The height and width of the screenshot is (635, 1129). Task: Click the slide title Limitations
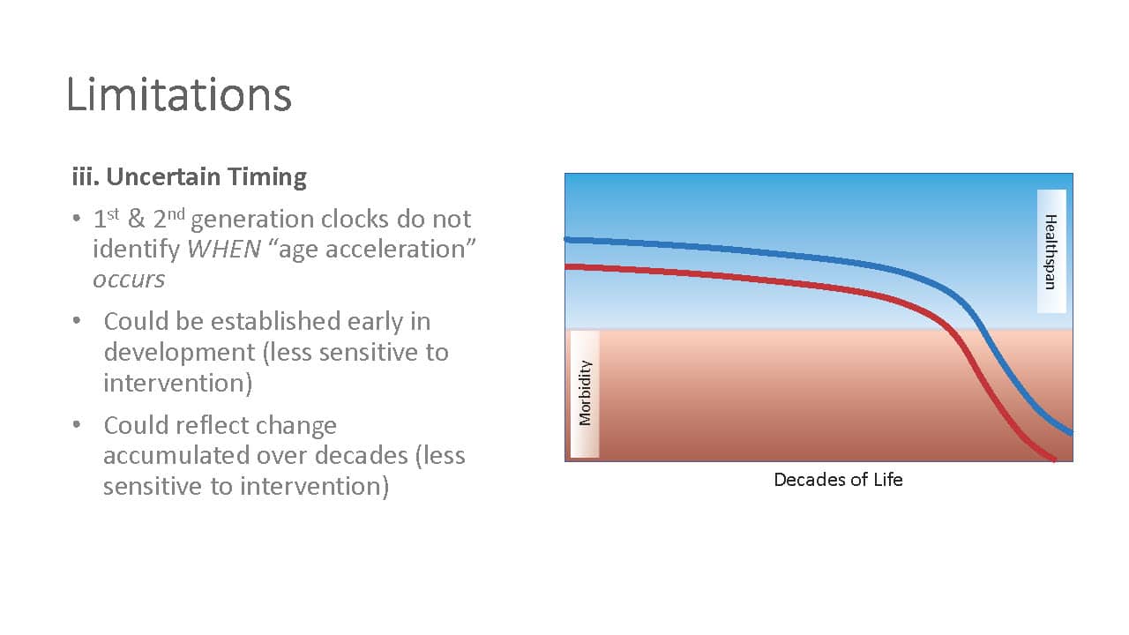pos(179,94)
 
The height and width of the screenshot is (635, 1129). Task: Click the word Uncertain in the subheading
pos(164,176)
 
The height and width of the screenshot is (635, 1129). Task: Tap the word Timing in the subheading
pos(267,177)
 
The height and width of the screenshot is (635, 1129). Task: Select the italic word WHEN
pos(224,249)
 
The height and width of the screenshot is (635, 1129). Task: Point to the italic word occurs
pos(129,280)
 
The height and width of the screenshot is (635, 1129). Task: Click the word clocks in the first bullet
pos(355,219)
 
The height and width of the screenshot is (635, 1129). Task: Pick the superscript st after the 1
pos(113,213)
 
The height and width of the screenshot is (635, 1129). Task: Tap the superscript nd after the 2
pos(176,213)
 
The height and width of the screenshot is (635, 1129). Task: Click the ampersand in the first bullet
pos(136,220)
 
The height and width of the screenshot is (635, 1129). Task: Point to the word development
pos(179,353)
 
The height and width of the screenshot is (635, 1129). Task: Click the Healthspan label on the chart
pos(1050,251)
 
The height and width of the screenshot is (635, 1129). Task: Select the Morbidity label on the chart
pos(585,393)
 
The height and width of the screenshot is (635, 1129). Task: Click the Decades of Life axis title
pos(838,479)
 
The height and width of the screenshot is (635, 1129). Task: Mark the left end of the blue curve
pos(566,240)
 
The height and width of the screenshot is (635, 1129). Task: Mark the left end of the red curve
pos(566,266)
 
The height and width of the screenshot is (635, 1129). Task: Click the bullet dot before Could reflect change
pos(77,424)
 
